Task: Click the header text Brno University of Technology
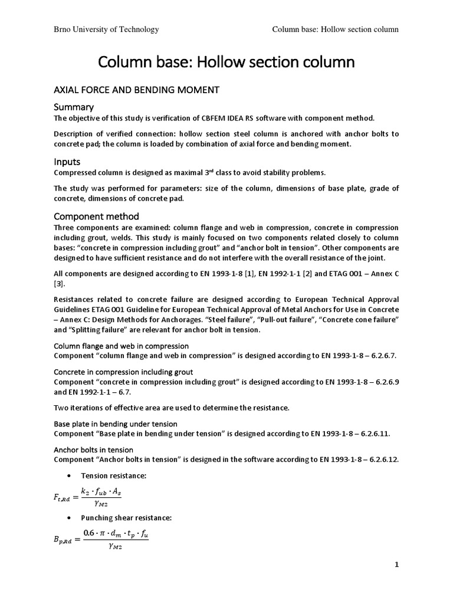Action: [x=106, y=29]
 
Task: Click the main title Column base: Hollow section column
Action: [x=226, y=61]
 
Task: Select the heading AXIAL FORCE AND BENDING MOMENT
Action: [x=136, y=90]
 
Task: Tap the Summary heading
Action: [x=74, y=107]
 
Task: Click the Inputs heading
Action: [x=68, y=161]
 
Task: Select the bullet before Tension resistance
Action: [x=70, y=475]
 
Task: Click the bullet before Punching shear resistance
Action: [x=70, y=518]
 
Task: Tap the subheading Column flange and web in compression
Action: [x=121, y=346]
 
